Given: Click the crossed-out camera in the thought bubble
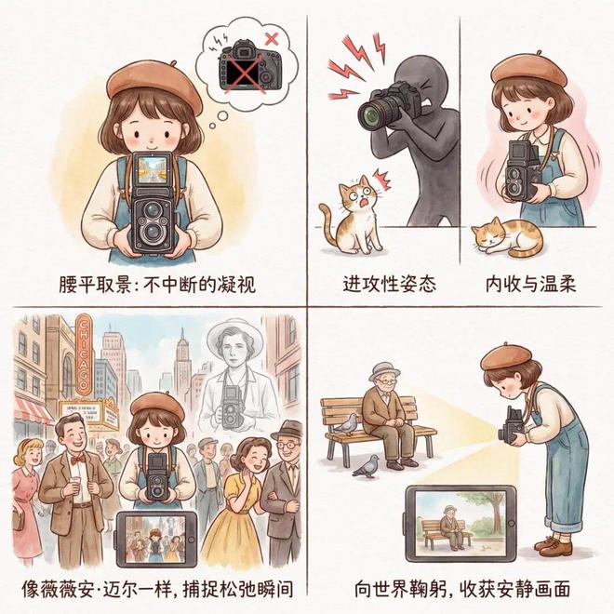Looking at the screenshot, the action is coord(250,66).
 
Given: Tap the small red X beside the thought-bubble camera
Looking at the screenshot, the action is coord(272,39).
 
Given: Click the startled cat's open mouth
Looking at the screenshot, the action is coord(364,203).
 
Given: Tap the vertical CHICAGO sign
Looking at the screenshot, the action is coord(83,354).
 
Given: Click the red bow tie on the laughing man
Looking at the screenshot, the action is coord(77,460).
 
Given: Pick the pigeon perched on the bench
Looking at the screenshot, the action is coord(346,424).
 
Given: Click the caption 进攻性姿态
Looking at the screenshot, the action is coord(389,284).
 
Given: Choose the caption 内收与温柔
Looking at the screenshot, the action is coord(530,284).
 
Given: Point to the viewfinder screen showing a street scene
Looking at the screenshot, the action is coord(153,170).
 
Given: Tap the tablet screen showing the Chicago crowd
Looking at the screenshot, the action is coord(155,540).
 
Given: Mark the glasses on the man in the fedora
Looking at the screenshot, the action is coord(287,445).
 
